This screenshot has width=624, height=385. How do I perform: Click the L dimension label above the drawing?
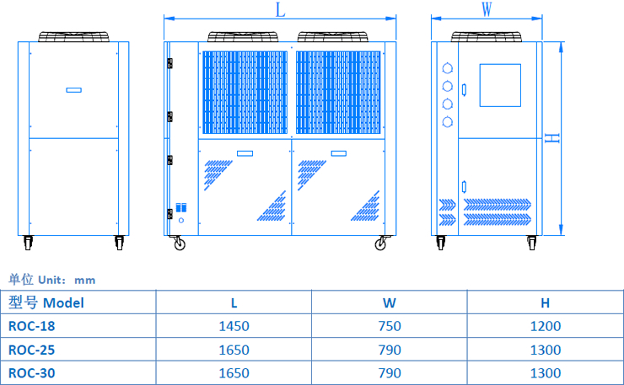(x=280, y=9)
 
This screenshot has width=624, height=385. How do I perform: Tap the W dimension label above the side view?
(x=486, y=9)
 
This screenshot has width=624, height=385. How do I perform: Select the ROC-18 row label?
(x=31, y=326)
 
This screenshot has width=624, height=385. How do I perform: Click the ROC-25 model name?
(x=31, y=349)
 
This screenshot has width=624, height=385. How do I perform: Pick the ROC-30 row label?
(x=31, y=372)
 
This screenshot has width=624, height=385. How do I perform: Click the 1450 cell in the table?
(x=234, y=326)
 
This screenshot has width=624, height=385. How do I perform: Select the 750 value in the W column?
(x=390, y=326)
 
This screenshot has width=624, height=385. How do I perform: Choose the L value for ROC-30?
(x=234, y=372)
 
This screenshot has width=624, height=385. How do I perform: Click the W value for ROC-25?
(x=390, y=349)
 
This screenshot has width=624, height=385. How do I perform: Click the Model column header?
(x=46, y=302)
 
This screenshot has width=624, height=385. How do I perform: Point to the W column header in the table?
(x=390, y=302)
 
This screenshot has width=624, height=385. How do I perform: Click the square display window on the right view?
(x=500, y=84)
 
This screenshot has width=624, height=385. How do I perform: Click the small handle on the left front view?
(x=73, y=89)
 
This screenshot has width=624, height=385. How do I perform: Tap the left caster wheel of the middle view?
(x=179, y=244)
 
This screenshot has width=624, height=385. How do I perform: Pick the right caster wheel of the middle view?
(x=381, y=244)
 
